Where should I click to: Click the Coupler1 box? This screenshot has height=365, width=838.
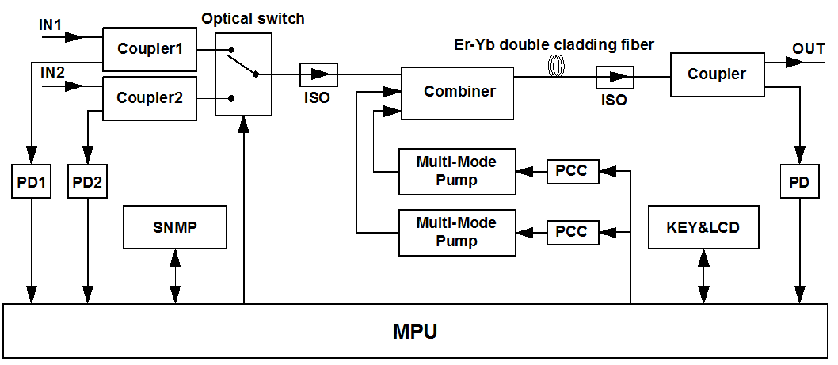point(150,48)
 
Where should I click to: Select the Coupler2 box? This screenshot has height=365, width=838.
point(150,99)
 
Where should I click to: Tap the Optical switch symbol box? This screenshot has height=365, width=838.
point(243,74)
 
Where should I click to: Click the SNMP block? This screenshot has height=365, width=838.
point(174,226)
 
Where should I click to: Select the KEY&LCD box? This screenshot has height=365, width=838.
point(703,226)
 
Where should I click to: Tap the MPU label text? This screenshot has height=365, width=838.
point(415,331)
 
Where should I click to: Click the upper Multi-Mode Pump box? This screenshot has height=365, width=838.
point(456,171)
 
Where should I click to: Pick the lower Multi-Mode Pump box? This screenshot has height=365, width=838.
point(456,232)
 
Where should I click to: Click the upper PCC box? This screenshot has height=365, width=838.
point(572,170)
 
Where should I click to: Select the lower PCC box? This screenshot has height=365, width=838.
point(572,232)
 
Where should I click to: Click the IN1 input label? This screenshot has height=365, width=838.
point(51,25)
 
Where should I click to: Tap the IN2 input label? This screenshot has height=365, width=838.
point(52,73)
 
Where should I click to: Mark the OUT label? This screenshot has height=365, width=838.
point(809,49)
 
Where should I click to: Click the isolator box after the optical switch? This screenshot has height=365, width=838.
point(318,74)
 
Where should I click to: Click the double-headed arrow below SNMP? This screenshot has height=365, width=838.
point(175,276)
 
